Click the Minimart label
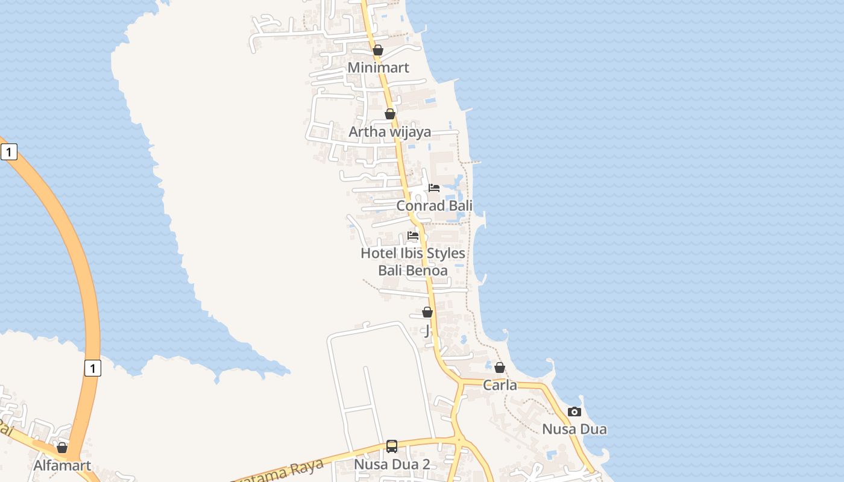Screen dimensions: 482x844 coord(378,67)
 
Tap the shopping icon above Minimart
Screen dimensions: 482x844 coord(378,50)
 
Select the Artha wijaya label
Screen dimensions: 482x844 coord(390,132)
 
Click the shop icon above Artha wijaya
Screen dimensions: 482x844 coord(390,114)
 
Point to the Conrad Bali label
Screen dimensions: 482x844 coord(434,205)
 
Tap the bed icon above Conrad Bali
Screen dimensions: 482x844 coord(434,188)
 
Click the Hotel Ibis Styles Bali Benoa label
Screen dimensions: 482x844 coord(413,261)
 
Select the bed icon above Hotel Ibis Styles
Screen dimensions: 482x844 coord(413,236)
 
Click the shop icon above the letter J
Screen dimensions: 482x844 coord(427,312)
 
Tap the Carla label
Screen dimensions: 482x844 coord(500,385)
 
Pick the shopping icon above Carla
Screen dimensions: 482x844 coord(500,368)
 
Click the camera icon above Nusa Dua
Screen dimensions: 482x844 coord(575,412)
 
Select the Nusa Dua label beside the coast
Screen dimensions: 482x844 coord(575,430)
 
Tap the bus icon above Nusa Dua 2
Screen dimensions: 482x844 coord(392,446)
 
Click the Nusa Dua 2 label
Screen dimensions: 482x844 coord(392,465)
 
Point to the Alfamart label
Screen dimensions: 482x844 coord(62,465)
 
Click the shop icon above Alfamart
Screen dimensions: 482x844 coord(62,448)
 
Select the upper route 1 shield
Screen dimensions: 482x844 coord(9,152)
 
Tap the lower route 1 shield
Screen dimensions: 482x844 coord(92,368)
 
